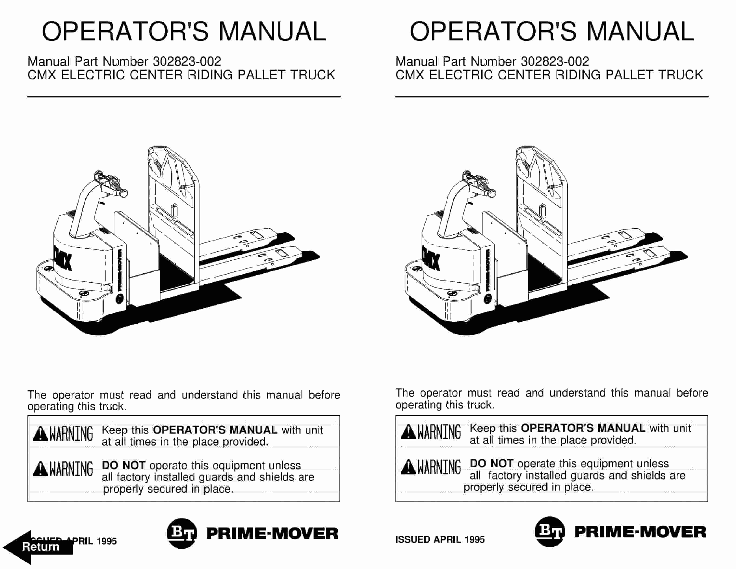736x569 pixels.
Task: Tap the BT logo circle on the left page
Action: click(182, 533)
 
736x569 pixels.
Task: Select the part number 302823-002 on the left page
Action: click(187, 61)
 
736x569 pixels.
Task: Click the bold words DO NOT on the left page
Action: click(123, 465)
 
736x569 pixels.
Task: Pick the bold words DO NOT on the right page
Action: click(491, 463)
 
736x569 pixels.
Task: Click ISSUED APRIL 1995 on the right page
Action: click(440, 539)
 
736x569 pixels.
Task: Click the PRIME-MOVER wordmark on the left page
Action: click(272, 534)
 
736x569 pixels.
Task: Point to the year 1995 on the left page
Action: click(106, 541)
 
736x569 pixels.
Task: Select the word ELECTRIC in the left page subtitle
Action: click(93, 75)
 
